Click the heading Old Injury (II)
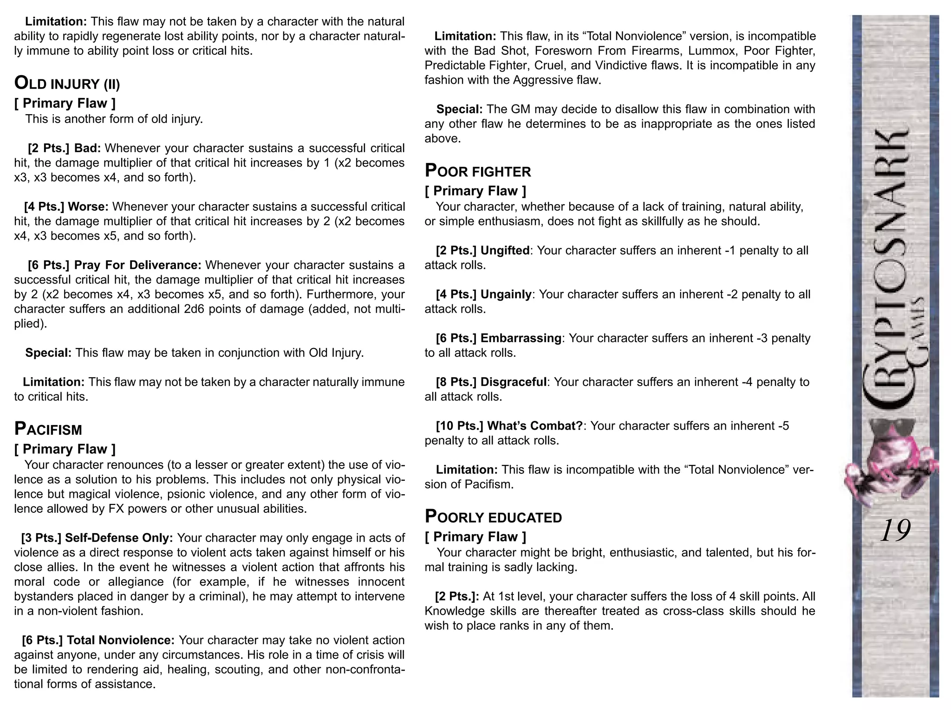67,84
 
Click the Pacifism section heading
48,430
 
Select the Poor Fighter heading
478,172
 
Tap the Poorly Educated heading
493,517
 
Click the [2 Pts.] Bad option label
64,148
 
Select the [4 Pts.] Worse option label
66,207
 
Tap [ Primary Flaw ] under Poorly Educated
475,537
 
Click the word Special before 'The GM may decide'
459,110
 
